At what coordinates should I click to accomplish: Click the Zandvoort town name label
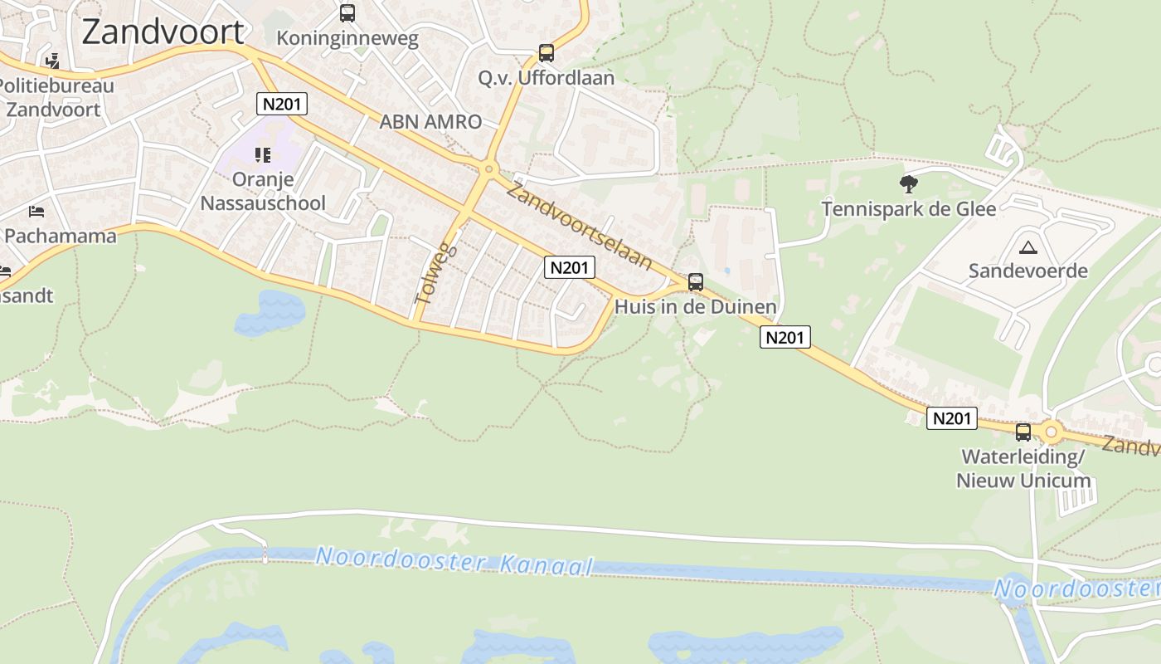click(163, 32)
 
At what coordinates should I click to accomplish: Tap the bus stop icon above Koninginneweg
click(347, 13)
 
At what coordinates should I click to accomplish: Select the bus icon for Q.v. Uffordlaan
click(546, 53)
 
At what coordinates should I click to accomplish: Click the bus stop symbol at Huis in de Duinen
click(695, 282)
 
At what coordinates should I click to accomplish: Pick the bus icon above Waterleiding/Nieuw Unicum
click(1023, 432)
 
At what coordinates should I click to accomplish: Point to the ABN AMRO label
click(430, 122)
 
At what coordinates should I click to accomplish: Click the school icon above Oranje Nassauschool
click(263, 154)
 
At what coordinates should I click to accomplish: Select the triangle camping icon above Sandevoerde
click(1028, 247)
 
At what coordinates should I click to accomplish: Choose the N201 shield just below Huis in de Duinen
click(785, 337)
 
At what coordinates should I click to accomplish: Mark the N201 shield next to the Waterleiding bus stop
click(951, 418)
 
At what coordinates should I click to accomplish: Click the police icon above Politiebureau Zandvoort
click(53, 61)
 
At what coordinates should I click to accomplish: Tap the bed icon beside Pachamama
click(36, 211)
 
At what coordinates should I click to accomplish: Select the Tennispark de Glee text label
click(909, 208)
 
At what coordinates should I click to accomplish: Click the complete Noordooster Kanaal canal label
click(454, 561)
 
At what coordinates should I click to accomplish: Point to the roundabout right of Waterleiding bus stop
click(1052, 432)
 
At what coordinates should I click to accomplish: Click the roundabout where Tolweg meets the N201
click(488, 169)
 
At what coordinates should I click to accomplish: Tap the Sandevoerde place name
click(1028, 271)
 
